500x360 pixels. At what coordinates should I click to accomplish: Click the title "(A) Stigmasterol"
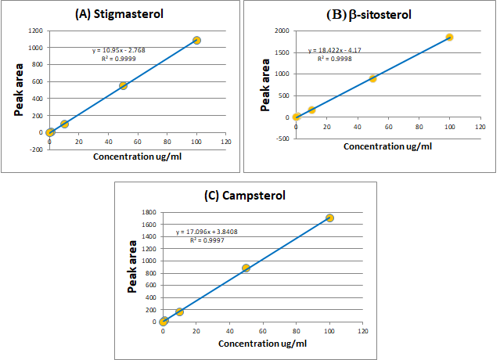pyautogui.click(x=124, y=14)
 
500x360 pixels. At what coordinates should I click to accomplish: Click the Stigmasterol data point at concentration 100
pyautogui.click(x=196, y=40)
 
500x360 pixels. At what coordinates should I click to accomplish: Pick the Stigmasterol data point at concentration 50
pyautogui.click(x=123, y=85)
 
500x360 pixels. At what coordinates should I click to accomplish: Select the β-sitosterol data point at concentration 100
pyautogui.click(x=450, y=37)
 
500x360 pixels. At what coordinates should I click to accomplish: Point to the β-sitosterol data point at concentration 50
pyautogui.click(x=373, y=78)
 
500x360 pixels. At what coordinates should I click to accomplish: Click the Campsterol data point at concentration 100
pyautogui.click(x=329, y=218)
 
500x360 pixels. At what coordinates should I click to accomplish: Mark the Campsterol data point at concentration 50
pyautogui.click(x=246, y=268)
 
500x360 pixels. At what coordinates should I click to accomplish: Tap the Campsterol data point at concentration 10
pyautogui.click(x=179, y=311)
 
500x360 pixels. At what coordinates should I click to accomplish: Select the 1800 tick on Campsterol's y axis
pyautogui.click(x=148, y=212)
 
